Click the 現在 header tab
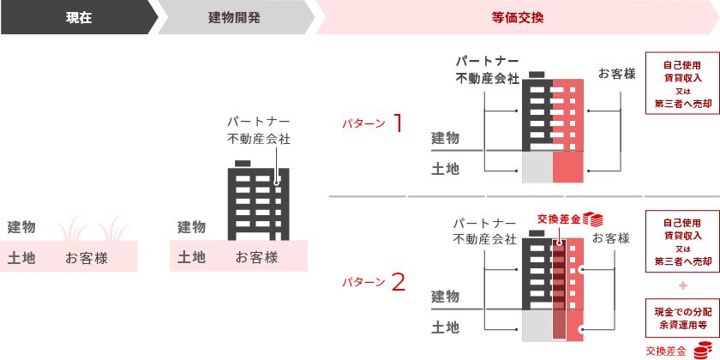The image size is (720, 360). click(78, 17)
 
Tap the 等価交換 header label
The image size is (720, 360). click(518, 17)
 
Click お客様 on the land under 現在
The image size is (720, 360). click(87, 257)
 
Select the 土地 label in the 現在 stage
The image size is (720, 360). click(21, 257)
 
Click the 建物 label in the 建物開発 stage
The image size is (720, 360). click(191, 227)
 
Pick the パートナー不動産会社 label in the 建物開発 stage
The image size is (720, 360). click(259, 129)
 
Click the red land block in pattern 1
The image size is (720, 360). click(568, 167)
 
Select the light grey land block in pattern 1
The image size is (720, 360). click(537, 167)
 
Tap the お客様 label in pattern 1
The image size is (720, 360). click(617, 74)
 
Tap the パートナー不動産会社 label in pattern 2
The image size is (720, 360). click(485, 231)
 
